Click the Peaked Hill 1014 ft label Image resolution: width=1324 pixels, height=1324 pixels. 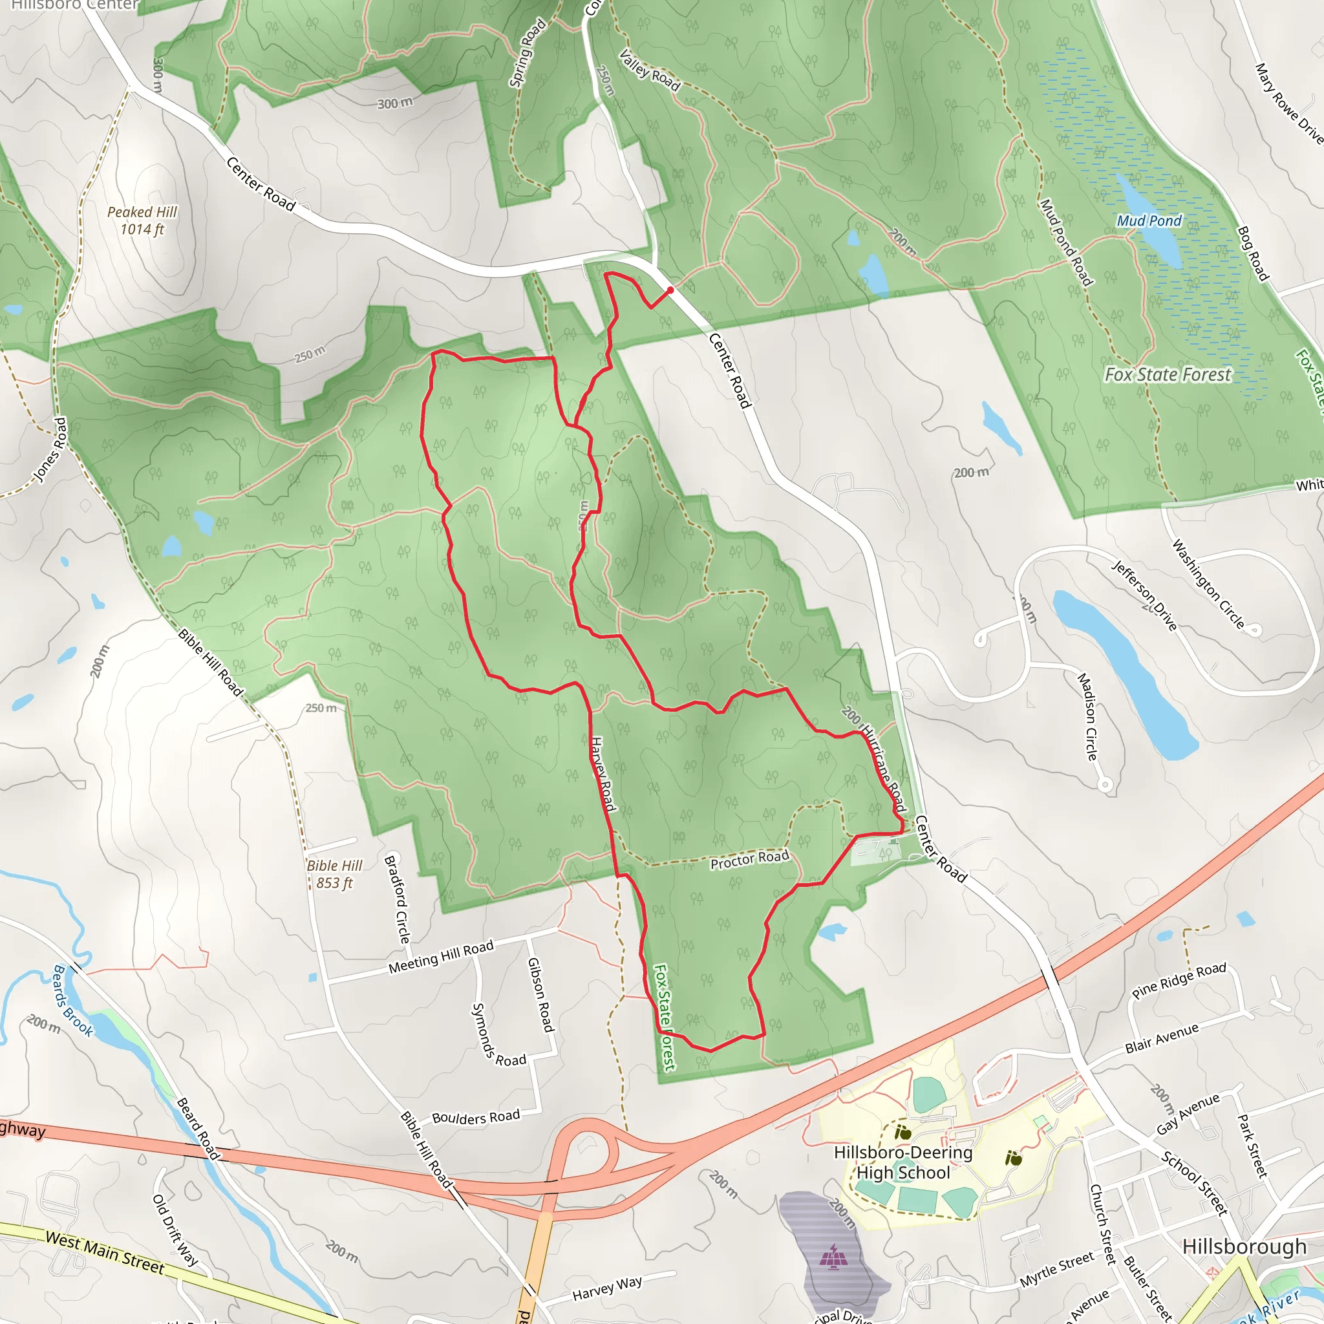click(142, 220)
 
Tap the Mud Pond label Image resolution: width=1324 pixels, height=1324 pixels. click(1149, 220)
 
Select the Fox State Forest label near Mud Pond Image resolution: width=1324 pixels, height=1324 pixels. click(1168, 374)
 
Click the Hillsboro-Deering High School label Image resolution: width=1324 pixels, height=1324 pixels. click(903, 1162)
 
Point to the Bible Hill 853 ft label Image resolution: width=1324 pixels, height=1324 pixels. click(334, 874)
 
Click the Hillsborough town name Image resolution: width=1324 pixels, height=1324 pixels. click(1244, 1246)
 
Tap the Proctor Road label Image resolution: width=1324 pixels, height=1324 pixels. click(750, 859)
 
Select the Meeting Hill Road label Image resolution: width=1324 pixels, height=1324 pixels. click(441, 957)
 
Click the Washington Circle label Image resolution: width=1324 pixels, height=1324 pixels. click(1208, 584)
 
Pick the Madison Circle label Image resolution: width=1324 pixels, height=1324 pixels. click(1087, 716)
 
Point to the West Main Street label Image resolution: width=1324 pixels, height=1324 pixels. click(105, 1253)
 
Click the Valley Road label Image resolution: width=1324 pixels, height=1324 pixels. click(649, 70)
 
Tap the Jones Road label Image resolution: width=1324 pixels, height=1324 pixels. click(50, 449)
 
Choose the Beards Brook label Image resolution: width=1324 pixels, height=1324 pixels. click(72, 1001)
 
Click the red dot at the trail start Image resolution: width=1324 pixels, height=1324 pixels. click(670, 290)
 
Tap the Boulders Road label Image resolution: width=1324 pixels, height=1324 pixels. click(476, 1117)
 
